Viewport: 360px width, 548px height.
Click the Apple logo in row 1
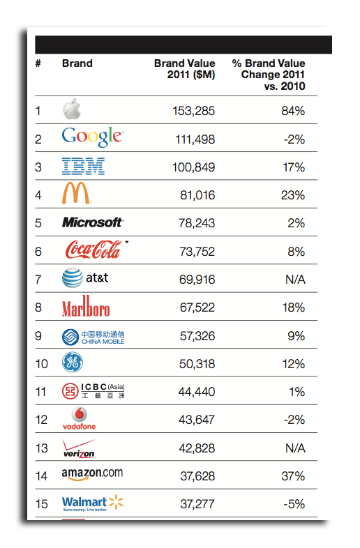72,109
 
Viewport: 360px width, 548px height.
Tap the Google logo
93,137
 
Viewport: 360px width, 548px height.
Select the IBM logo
83,166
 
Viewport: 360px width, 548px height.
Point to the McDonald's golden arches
76,192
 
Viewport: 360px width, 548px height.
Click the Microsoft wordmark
93,222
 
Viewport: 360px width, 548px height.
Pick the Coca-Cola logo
93,249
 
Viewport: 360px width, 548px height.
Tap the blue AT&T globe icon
73,278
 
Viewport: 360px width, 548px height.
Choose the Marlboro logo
86,306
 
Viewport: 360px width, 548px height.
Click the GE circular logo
73,362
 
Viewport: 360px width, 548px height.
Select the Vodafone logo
79,419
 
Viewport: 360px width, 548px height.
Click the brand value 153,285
194,111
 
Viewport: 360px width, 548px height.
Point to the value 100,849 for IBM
193,167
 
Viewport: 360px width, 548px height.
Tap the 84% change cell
293,111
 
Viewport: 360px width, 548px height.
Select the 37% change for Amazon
293,476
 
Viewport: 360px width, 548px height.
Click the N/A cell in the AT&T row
295,280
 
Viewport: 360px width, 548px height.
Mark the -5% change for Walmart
294,504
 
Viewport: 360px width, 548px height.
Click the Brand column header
77,63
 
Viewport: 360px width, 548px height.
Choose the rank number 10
42,364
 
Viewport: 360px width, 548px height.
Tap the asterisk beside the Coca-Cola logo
126,242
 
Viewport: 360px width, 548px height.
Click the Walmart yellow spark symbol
116,502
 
